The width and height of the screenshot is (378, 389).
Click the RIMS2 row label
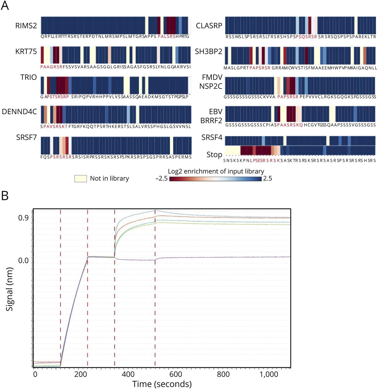coord(26,26)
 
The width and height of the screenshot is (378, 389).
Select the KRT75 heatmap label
coord(26,51)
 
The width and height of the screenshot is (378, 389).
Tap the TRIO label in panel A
coord(28,77)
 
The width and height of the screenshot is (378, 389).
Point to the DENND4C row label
coord(19,112)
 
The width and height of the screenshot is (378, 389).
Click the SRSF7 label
coord(26,138)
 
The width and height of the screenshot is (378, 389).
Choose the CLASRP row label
coord(209,26)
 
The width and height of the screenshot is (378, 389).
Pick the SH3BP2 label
coord(208,51)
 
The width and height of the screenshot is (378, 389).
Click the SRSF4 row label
coord(212,138)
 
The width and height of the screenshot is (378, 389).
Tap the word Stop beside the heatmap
coord(214,154)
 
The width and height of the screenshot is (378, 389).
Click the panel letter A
coord(5,6)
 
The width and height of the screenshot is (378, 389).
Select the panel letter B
coord(5,196)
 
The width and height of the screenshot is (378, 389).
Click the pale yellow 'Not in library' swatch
coord(81,178)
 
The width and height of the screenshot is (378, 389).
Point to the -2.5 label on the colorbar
coord(161,178)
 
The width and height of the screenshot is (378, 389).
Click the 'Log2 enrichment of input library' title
coord(216,171)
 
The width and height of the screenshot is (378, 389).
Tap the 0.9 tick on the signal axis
coord(23,218)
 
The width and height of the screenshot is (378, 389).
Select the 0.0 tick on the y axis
coord(23,261)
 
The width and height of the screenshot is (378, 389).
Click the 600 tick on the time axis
coord(176,374)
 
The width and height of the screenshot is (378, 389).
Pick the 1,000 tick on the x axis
coord(269,374)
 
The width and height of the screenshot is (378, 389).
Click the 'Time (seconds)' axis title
coord(162,384)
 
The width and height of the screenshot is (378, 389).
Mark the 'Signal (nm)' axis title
coord(9,289)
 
